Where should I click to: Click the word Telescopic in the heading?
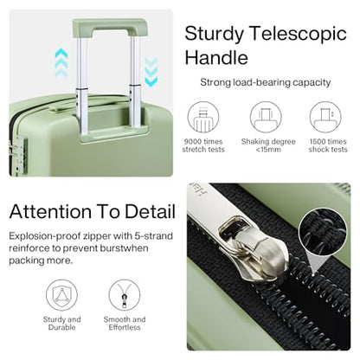click(299, 34)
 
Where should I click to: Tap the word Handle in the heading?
click(216, 57)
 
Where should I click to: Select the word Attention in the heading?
click(50, 211)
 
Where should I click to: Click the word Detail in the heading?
click(150, 211)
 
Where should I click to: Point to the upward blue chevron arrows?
click(61, 62)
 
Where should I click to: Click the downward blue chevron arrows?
click(151, 72)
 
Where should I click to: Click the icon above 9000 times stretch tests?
click(203, 117)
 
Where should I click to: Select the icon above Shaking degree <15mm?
click(266, 117)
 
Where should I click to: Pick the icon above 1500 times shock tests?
click(325, 117)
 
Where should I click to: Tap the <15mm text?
click(268, 150)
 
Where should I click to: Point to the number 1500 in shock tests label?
click(318, 142)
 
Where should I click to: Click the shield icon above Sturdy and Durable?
click(61, 295)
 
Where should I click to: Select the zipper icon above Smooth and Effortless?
click(125, 295)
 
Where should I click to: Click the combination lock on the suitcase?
click(18, 154)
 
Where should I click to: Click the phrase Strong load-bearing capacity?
click(266, 82)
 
